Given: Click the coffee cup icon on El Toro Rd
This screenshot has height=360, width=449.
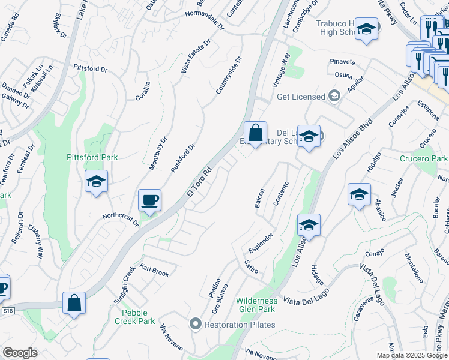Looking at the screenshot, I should (149, 200).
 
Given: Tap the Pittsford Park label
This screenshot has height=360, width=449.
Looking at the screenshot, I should (92, 157).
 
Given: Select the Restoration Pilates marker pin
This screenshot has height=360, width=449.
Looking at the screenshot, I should (195, 325).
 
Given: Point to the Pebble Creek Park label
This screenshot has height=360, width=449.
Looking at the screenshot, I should (134, 317).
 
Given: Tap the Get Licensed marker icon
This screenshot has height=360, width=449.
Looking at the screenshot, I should (334, 96).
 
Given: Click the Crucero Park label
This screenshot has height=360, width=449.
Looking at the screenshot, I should (424, 158).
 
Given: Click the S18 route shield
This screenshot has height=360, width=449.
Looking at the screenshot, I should (7, 310).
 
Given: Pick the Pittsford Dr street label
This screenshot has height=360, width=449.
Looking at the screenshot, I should (90, 69).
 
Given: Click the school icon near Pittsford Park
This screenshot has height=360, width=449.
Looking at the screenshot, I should (96, 182).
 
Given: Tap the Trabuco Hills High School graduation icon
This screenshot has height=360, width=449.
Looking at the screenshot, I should (366, 29).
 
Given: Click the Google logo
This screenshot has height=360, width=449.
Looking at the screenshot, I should (20, 353).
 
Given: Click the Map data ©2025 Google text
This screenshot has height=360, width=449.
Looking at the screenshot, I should (411, 355).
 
